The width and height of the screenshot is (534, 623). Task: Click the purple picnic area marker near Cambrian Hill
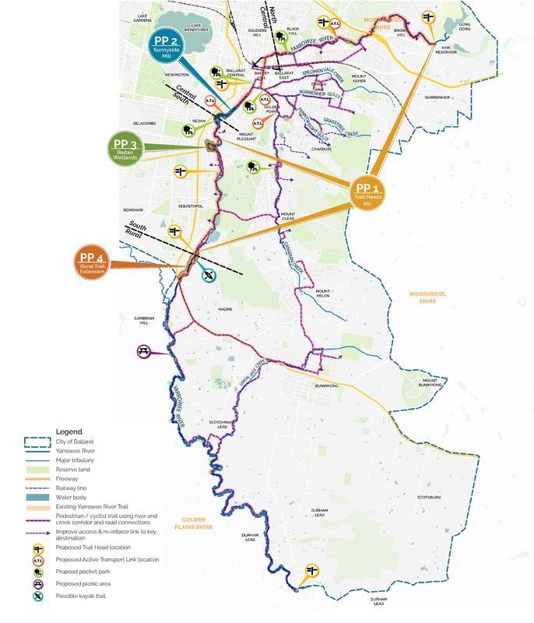[144, 352]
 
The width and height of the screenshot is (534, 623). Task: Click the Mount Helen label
[325, 294]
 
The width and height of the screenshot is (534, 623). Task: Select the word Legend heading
[69, 431]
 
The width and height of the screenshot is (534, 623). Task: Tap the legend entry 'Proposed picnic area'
[86, 584]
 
